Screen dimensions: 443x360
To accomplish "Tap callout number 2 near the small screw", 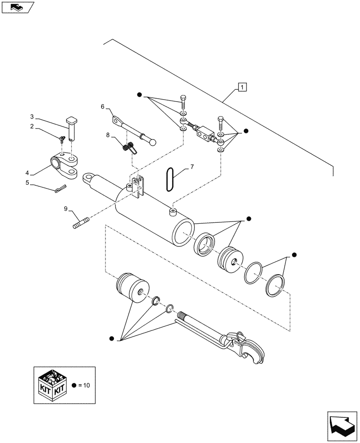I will tap(32, 126).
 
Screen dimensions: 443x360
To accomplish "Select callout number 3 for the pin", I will tap(32, 117).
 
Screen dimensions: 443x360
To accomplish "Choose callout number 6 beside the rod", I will tap(102, 107).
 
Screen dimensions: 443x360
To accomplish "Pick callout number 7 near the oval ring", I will tap(192, 167).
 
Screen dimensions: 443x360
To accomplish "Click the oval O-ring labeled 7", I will tap(169, 179).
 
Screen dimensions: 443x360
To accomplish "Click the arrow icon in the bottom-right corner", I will tap(341, 425).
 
